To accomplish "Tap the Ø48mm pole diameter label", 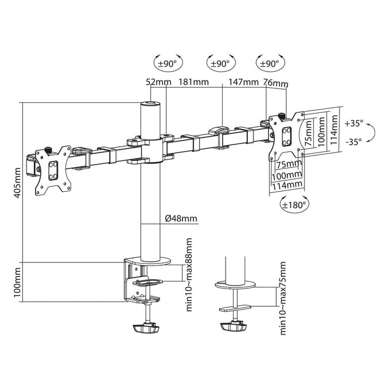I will tap(181, 218).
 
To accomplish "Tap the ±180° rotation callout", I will tap(295, 204).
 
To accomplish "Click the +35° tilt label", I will tap(353, 123).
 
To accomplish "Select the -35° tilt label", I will tap(353, 142).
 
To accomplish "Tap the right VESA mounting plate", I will tap(287, 134).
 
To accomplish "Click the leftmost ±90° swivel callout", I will tap(167, 63).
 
